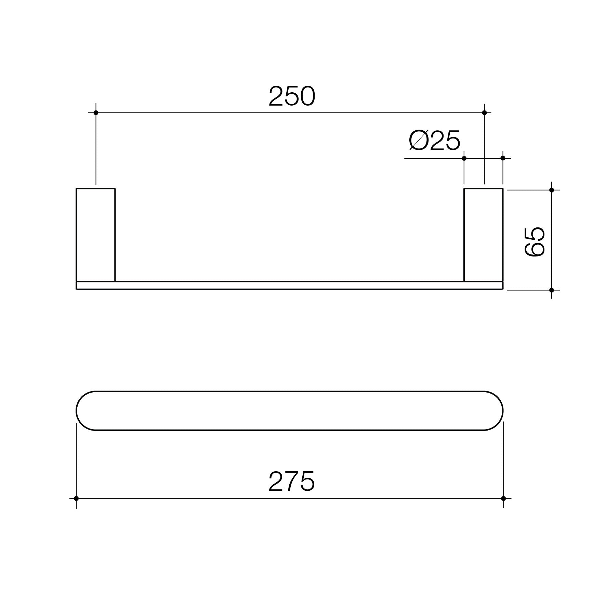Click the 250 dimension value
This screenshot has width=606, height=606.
pos(292,96)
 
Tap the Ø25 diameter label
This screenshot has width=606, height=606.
pos(435,141)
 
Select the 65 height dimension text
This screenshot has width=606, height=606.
pos(535,241)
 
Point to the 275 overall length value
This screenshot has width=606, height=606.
pos(291,481)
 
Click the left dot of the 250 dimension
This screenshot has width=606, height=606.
pos(96,113)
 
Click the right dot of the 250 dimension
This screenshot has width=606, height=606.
pos(484,113)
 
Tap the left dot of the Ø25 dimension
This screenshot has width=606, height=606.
pos(464,158)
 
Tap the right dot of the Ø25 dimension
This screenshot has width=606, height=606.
pos(503,158)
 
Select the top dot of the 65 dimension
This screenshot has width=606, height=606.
pos(552,190)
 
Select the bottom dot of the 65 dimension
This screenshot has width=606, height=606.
pos(552,290)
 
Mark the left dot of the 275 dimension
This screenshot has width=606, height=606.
pos(76,498)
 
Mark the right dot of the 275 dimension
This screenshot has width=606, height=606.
pos(503,498)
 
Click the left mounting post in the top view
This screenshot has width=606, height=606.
pos(96,235)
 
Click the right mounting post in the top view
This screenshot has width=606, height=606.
pos(483,235)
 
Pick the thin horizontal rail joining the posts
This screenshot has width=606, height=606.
pos(289,286)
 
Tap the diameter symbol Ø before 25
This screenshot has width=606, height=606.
pos(418,141)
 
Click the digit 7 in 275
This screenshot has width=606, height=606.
pos(291,481)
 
